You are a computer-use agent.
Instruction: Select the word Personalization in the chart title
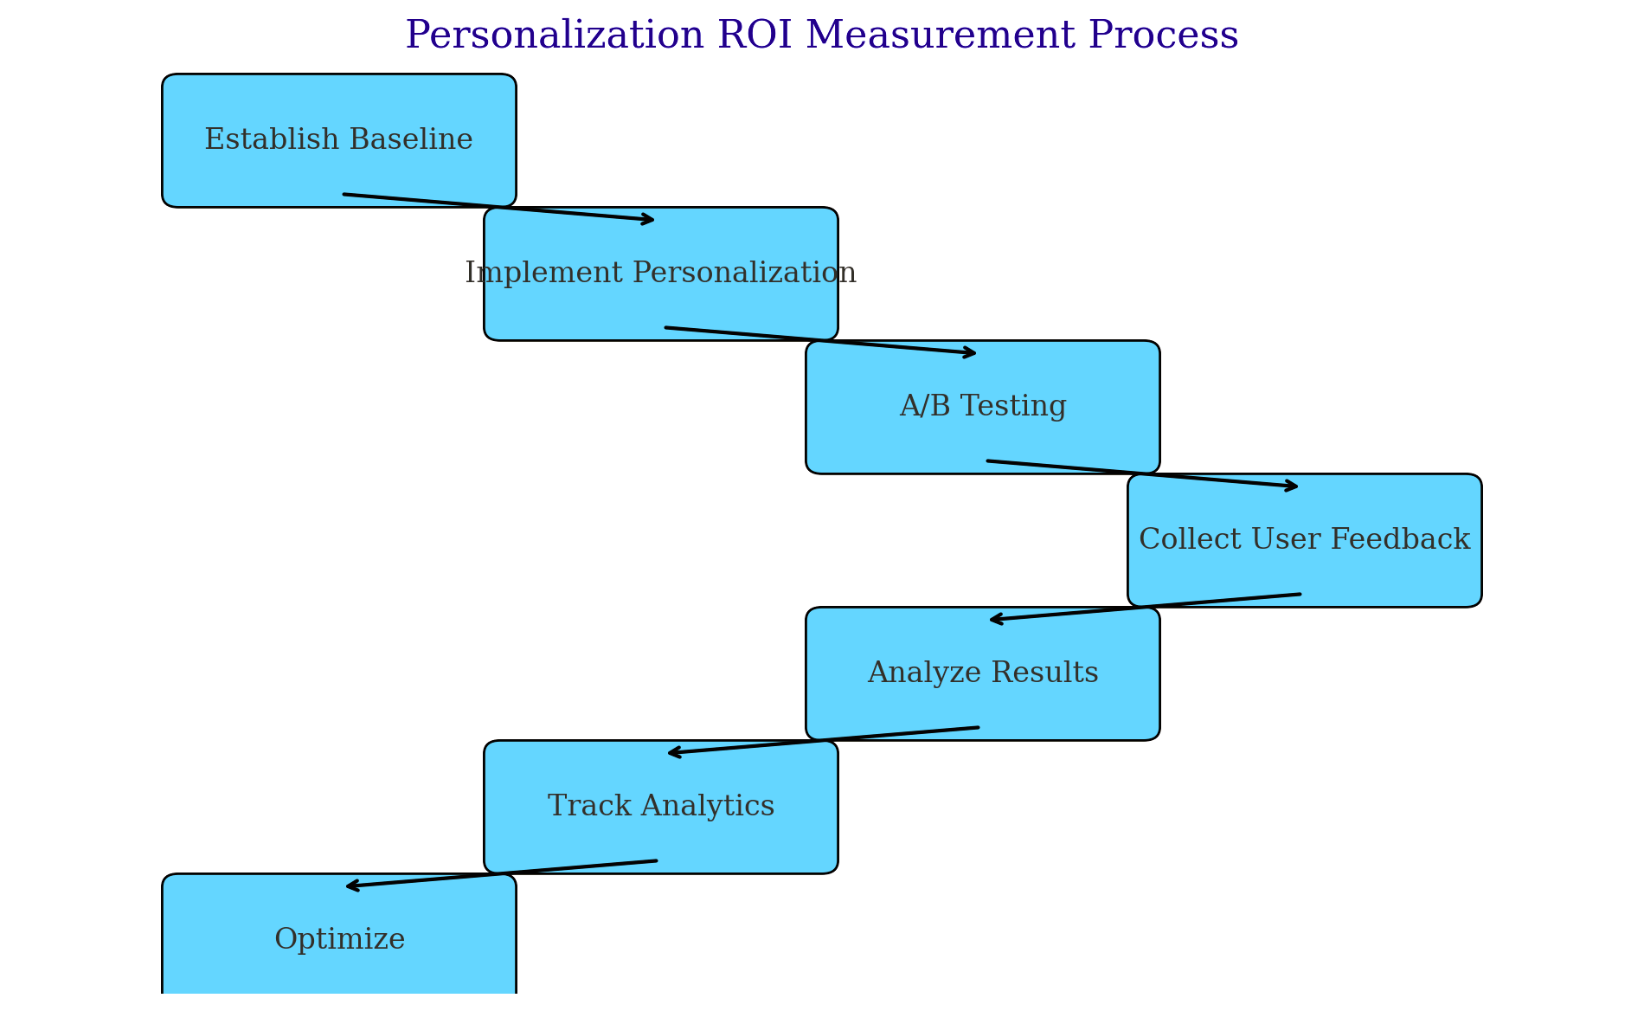555,36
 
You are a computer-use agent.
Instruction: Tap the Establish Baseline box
339,140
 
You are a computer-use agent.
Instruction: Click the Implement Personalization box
661,274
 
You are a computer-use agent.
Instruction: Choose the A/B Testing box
983,407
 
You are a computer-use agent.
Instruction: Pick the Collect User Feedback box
1305,540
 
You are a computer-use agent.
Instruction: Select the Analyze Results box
983,673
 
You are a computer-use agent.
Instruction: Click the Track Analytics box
661,807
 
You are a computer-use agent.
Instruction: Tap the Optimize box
339,940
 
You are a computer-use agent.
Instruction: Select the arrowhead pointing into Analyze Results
997,619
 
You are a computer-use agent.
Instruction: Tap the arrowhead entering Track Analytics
675,752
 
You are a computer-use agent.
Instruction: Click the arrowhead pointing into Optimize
353,885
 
